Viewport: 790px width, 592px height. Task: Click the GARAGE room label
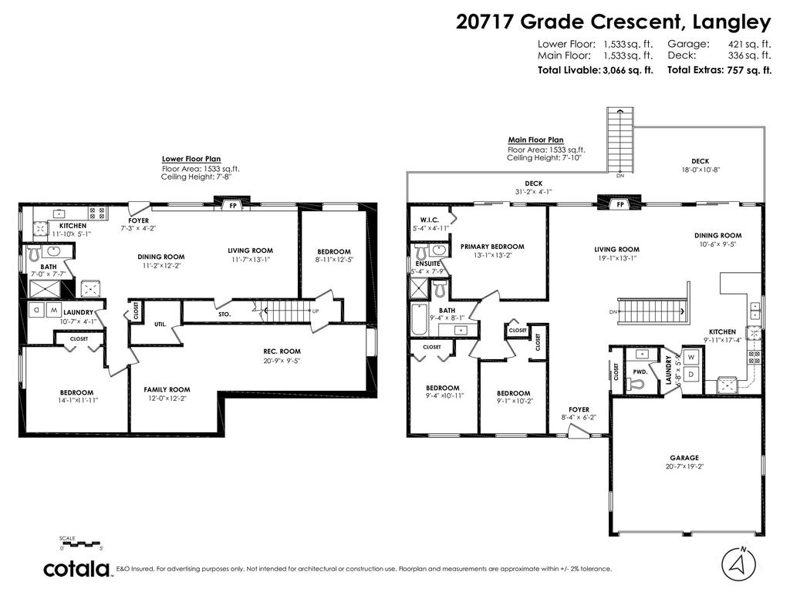[x=684, y=457]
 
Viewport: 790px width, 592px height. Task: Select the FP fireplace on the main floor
[x=619, y=205]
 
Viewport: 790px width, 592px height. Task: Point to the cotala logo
[x=76, y=570]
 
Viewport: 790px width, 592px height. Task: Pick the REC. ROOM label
[x=282, y=351]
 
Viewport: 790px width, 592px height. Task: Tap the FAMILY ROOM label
[x=167, y=389]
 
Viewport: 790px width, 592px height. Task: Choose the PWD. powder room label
[x=640, y=371]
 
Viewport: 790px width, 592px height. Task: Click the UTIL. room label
[x=160, y=324]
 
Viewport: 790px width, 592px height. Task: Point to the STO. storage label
[x=225, y=314]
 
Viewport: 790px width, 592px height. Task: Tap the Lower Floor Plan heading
[x=191, y=159]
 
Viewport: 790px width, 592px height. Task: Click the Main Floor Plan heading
[x=535, y=140]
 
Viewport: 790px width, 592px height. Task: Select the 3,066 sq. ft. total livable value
[x=628, y=70]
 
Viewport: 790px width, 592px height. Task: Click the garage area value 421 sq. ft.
[x=749, y=45]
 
